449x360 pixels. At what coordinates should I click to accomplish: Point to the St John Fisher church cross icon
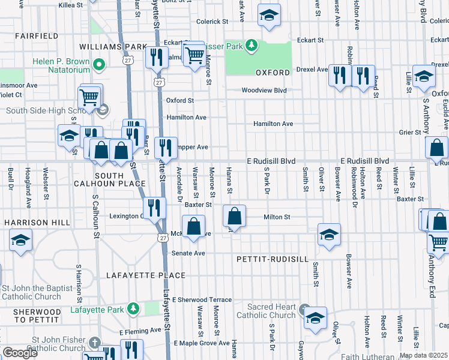[x=94, y=343]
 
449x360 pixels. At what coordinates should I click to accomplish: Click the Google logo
[x=19, y=353]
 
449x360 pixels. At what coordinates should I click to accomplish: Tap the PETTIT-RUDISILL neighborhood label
[x=280, y=259]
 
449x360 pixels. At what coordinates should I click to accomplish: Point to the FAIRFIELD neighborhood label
[x=33, y=36]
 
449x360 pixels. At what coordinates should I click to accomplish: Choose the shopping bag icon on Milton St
[x=235, y=216]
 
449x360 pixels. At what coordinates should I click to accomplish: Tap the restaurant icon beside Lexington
[x=154, y=208]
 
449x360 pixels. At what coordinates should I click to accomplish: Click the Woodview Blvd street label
[x=264, y=91]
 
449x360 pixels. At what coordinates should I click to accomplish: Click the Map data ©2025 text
[x=423, y=355]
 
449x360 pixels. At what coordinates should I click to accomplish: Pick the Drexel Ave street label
[x=310, y=70]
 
